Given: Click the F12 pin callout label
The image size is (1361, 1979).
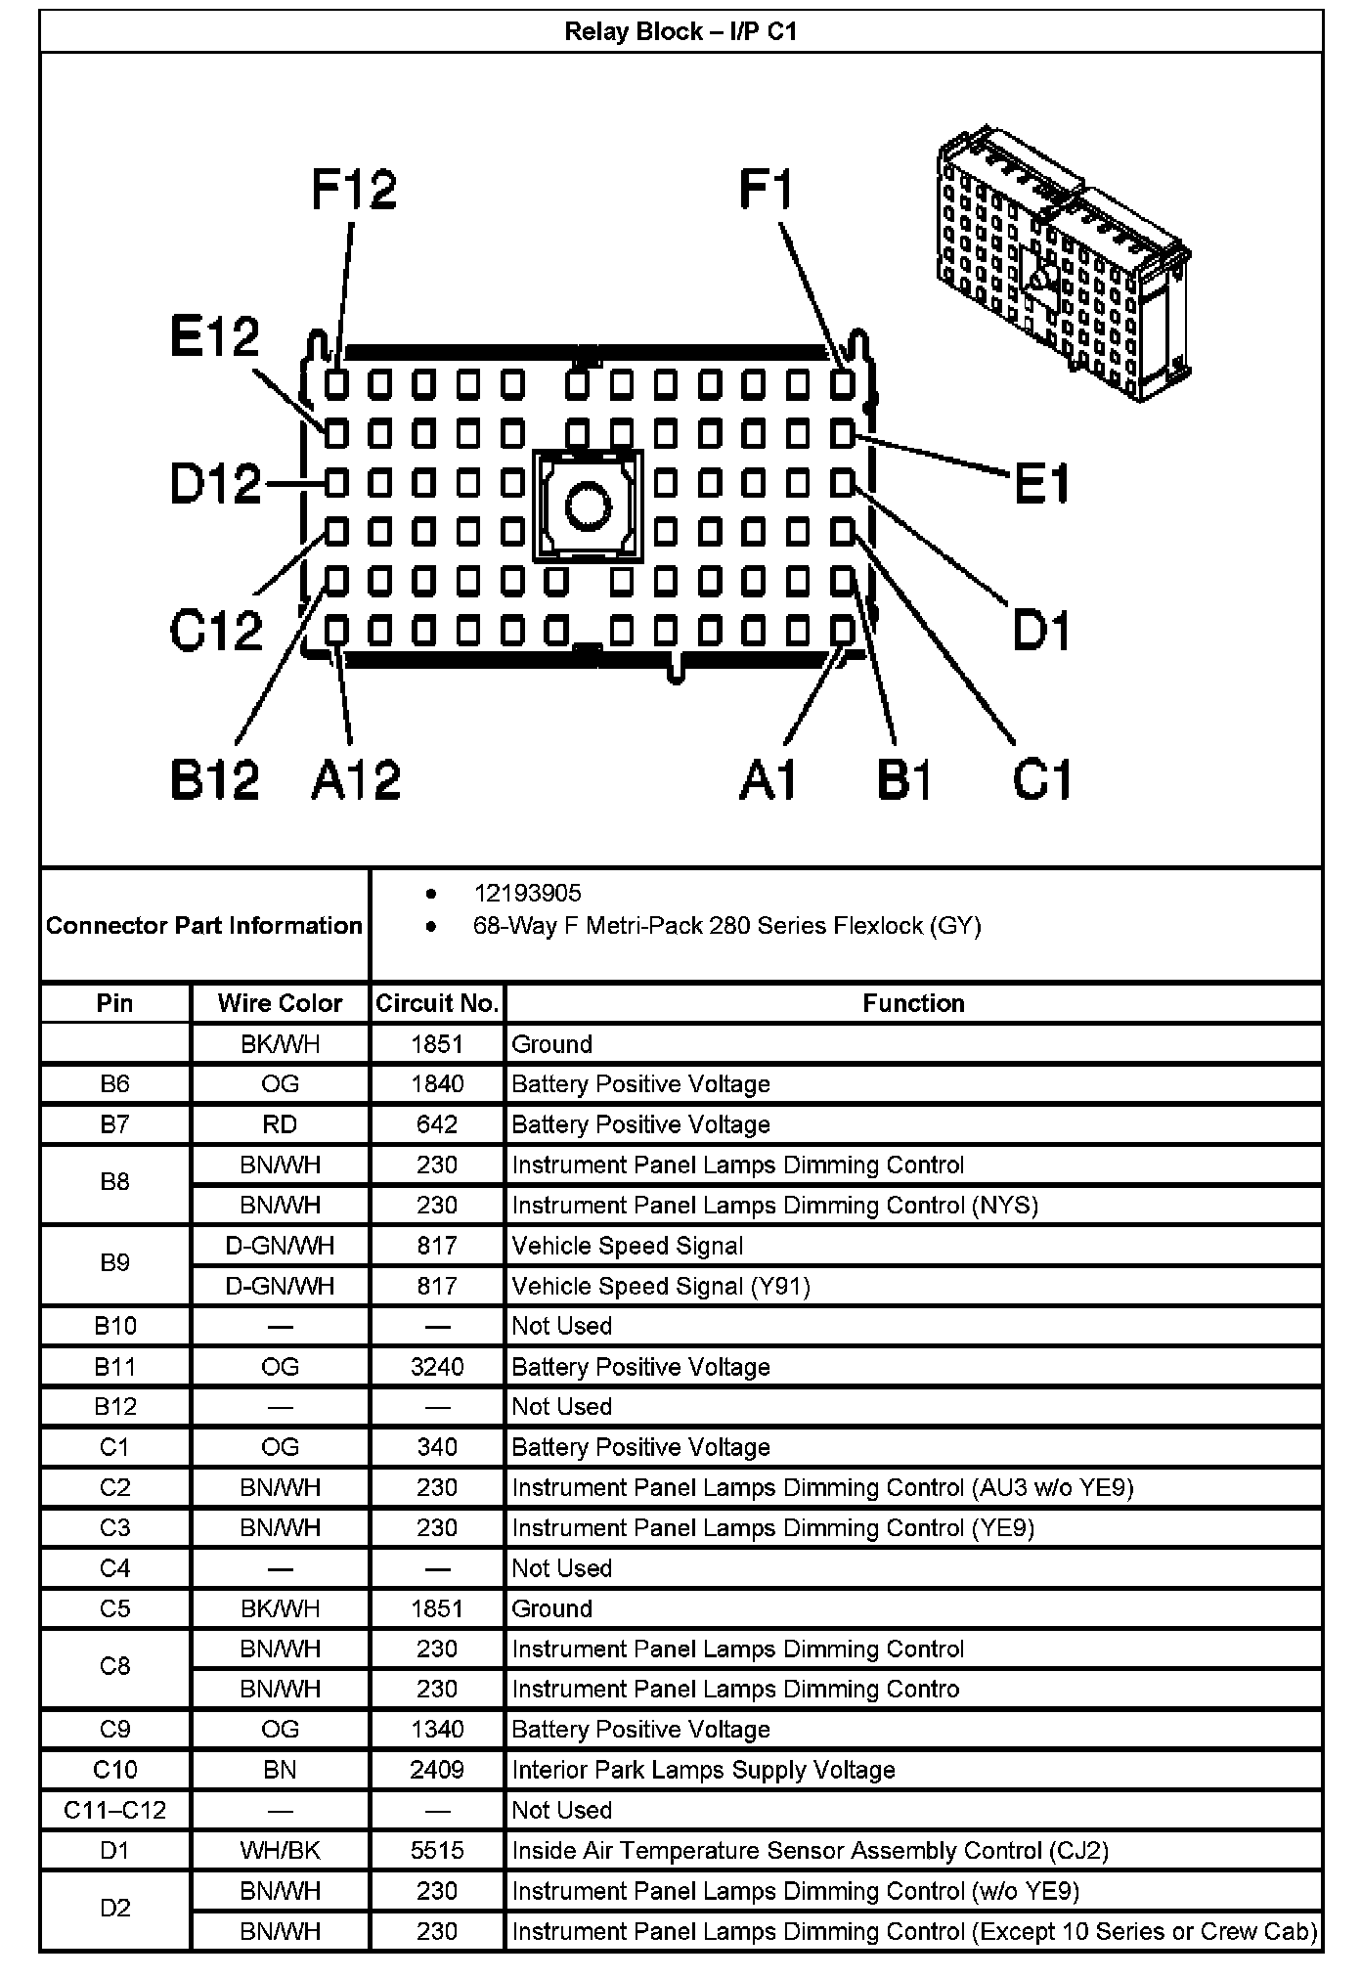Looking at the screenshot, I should click(x=354, y=190).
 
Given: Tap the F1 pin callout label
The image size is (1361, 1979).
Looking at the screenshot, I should click(x=767, y=190).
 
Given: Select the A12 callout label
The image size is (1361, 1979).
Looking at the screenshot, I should click(x=356, y=779).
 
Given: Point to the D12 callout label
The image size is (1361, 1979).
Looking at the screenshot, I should click(x=216, y=484).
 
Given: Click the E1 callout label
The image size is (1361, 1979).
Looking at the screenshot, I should click(x=1042, y=484).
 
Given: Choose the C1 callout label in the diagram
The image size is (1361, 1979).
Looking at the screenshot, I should click(x=1042, y=779).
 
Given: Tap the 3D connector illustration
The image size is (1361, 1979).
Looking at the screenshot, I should click(x=1062, y=264).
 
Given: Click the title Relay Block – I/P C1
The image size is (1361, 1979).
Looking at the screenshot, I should click(x=680, y=32).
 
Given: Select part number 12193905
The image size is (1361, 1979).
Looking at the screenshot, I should click(x=527, y=893).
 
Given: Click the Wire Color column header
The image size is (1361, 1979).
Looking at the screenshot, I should click(x=280, y=1003).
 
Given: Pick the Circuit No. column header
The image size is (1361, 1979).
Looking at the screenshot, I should click(x=437, y=1003).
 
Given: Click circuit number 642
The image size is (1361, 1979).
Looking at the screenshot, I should click(x=437, y=1124).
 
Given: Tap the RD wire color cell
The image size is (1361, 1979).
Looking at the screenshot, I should click(x=280, y=1124).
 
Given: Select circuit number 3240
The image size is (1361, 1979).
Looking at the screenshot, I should click(x=437, y=1367).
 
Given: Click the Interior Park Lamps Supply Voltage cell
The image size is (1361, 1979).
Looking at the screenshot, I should click(x=703, y=1770).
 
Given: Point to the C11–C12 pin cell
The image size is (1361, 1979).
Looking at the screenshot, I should click(x=114, y=1810).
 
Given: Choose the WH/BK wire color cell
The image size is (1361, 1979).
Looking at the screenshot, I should click(x=280, y=1851).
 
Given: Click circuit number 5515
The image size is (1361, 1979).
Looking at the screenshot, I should click(x=437, y=1851).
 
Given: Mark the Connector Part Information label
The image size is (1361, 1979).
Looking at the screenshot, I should click(x=204, y=925).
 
